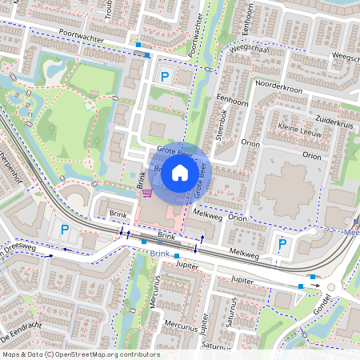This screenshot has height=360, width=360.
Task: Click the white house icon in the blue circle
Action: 180,173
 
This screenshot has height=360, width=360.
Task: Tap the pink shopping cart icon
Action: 146,193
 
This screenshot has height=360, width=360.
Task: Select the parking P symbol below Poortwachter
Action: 165,77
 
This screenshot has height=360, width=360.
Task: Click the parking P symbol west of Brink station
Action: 64,230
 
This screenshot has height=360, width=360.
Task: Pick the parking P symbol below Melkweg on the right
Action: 282,244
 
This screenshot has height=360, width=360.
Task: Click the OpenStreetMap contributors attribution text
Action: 80,354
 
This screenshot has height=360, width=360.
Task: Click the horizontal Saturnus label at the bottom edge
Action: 217,346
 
